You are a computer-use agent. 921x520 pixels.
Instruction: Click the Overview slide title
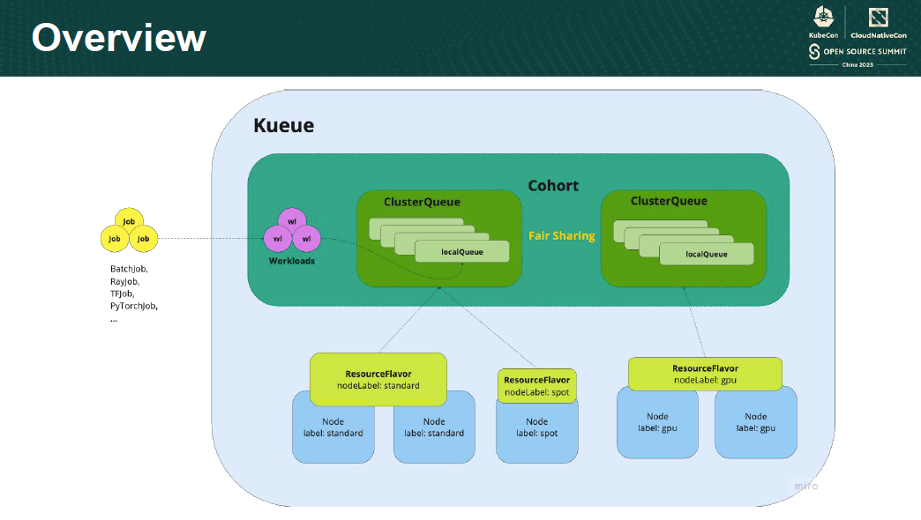click(119, 38)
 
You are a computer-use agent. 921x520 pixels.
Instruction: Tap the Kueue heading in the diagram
click(283, 126)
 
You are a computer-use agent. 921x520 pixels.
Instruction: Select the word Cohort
click(553, 185)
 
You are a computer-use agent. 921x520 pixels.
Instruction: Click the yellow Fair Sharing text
click(561, 235)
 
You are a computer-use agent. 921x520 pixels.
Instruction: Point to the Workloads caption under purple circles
click(292, 261)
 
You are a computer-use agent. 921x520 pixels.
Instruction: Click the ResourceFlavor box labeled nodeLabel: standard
click(378, 380)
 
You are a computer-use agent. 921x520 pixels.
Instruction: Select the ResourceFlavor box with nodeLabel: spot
click(536, 386)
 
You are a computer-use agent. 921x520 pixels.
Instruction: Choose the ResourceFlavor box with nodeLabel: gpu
click(705, 374)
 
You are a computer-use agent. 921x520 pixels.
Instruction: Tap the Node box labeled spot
click(536, 427)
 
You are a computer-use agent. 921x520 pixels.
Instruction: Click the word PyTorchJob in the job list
click(134, 305)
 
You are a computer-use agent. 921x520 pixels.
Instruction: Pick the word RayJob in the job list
click(124, 281)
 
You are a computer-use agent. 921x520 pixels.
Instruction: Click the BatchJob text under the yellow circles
click(129, 269)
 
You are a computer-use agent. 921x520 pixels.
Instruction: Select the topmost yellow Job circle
click(129, 222)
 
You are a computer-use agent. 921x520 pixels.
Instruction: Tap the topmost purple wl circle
click(292, 221)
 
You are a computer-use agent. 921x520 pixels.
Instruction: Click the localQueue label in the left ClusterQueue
click(462, 252)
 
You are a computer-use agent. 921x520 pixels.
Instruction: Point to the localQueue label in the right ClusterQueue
click(707, 254)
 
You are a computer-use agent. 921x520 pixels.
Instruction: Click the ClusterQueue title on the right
click(669, 201)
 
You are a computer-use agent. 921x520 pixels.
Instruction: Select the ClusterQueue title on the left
click(422, 202)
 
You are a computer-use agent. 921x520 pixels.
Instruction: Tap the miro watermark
click(805, 486)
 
